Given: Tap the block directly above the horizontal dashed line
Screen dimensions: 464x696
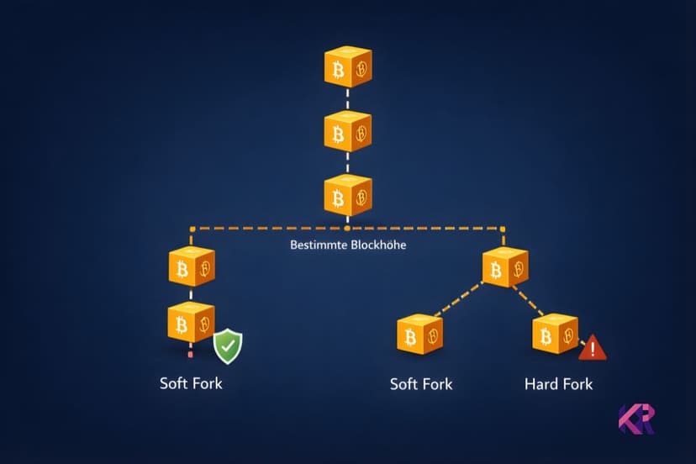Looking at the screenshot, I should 348,196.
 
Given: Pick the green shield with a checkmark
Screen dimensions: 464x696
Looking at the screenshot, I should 227,346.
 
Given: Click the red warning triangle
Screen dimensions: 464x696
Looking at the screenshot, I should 593,347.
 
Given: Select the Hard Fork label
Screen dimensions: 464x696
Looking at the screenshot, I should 558,384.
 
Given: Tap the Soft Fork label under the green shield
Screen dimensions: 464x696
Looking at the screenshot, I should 191,384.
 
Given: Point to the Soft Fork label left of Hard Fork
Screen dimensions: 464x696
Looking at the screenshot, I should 421,384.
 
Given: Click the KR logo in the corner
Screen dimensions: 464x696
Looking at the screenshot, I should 636,419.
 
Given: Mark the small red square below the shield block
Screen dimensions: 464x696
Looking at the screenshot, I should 191,355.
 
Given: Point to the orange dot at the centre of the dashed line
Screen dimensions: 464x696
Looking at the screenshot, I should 347,228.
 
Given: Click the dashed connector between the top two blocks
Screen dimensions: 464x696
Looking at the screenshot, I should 348,100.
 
